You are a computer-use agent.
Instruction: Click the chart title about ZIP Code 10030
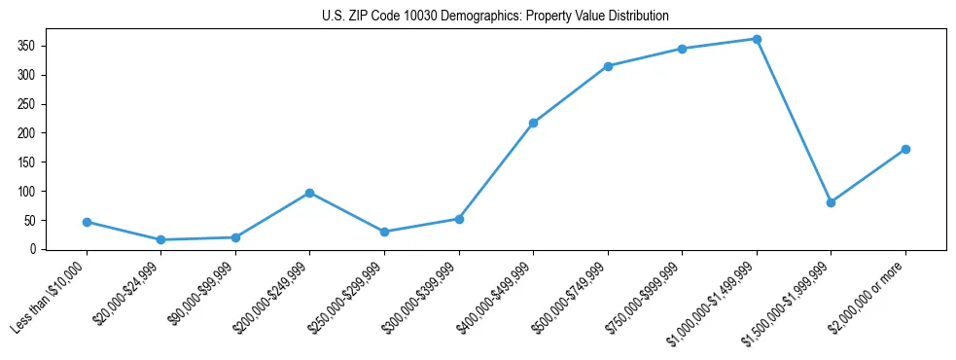click(x=495, y=17)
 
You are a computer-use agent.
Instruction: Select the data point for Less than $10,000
click(x=87, y=222)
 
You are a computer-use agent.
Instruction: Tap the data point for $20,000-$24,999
click(x=160, y=239)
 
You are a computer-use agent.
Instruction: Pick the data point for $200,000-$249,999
click(x=309, y=193)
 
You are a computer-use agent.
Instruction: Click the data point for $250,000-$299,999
click(x=384, y=232)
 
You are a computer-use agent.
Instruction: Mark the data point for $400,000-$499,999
click(x=533, y=123)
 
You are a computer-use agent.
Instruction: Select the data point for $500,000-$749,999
click(x=608, y=66)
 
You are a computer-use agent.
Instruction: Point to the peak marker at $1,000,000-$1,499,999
click(x=757, y=39)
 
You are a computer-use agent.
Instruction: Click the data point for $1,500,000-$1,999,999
click(x=831, y=202)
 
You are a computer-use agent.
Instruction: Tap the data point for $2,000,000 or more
click(x=905, y=149)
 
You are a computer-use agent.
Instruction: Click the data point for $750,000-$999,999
click(x=682, y=49)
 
